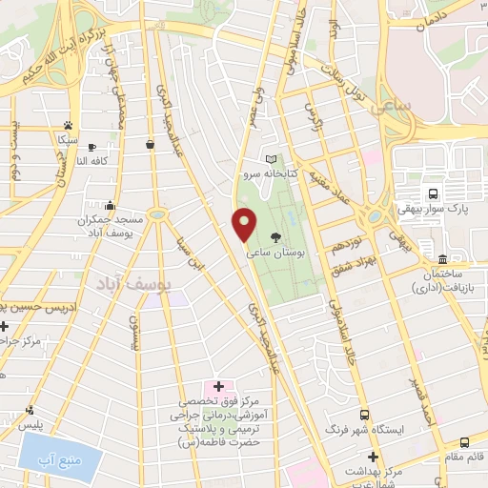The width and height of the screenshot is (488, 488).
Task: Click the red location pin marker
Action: [x=244, y=224]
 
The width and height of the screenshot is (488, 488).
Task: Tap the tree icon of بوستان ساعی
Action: [x=275, y=237]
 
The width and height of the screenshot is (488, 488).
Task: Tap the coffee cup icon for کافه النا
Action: [x=91, y=147]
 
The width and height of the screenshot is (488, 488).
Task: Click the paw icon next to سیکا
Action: [x=67, y=125]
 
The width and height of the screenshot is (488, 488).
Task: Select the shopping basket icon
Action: [x=151, y=144]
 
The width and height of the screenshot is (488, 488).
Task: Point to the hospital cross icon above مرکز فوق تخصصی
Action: [x=218, y=386]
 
